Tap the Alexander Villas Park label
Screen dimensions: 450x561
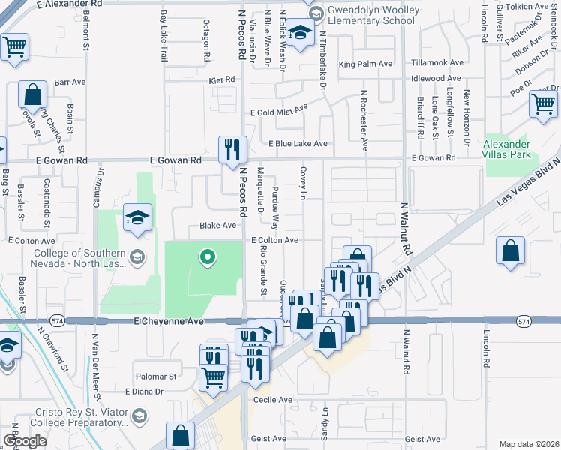506,150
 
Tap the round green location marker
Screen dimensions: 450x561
208,259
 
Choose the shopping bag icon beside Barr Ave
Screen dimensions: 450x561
32,95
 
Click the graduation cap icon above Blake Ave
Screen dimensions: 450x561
137,217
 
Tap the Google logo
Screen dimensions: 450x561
25,441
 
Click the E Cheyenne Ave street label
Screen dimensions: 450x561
169,321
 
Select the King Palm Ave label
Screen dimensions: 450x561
366,64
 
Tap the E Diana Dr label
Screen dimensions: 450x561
144,391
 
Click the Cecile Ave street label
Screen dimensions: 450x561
274,400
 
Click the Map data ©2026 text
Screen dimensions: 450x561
529,444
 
